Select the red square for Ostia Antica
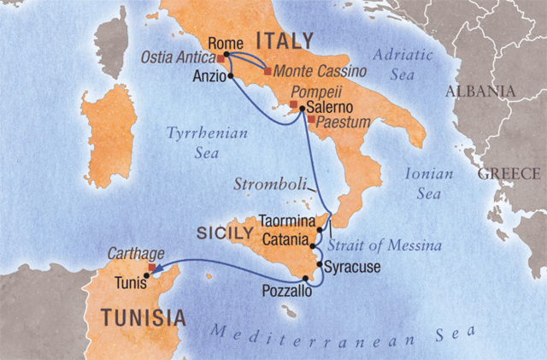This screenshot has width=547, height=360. [x=221, y=61]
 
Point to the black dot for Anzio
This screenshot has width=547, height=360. [x=231, y=75]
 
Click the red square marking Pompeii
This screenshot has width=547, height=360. [x=293, y=104]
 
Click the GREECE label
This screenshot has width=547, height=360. [x=509, y=174]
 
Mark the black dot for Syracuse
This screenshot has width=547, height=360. [x=320, y=265]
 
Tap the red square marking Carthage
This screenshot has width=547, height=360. [x=152, y=267]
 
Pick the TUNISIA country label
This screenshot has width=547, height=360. [x=143, y=318]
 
